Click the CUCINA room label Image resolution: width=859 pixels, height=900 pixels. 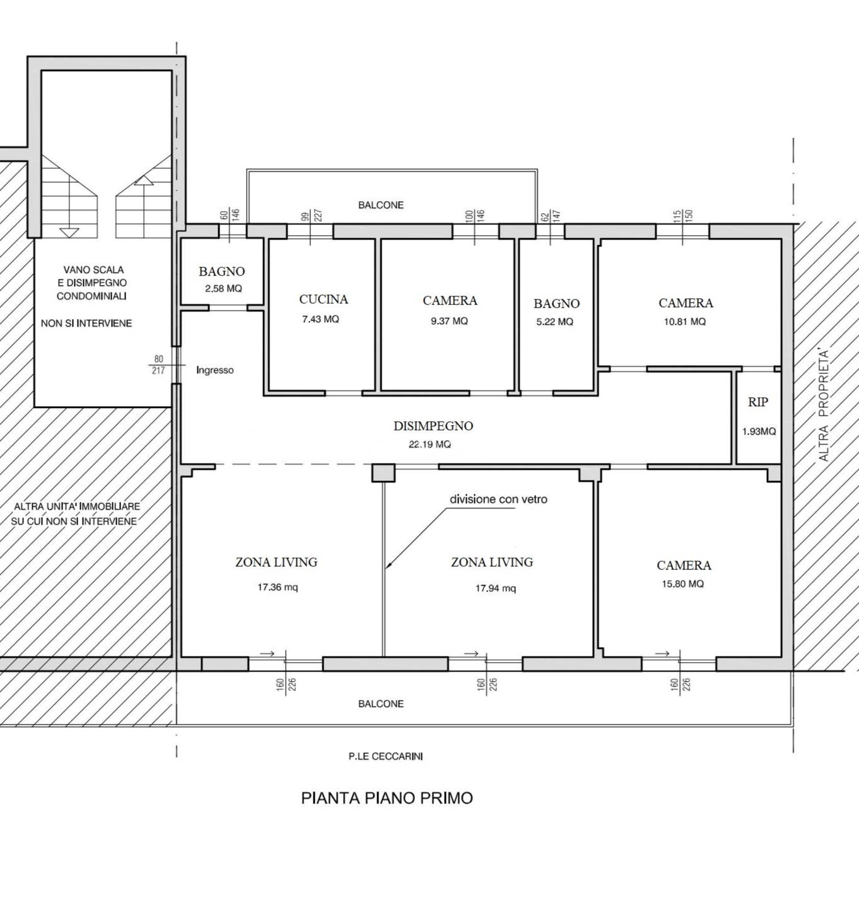point(324,300)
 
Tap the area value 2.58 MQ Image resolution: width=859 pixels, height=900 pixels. point(223,288)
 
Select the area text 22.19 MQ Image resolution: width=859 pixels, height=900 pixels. point(429,444)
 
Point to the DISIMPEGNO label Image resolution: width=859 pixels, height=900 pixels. point(433,426)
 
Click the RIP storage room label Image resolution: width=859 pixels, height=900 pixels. point(758,402)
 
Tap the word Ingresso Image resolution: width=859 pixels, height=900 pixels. point(214,370)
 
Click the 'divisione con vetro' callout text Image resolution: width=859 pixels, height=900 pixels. point(498,499)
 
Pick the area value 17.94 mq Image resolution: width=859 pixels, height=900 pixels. point(496,588)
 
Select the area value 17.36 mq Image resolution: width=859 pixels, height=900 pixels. point(278,587)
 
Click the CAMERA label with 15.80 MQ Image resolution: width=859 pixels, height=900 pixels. point(684,565)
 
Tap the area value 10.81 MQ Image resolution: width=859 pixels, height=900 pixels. point(685,322)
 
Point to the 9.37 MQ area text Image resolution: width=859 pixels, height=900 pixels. point(449,321)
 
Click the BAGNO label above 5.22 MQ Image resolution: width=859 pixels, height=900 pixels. point(557,303)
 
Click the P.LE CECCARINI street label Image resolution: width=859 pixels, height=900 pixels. point(385,756)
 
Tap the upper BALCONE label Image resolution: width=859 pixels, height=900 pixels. point(381,205)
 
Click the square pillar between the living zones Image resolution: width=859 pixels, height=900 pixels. point(383,472)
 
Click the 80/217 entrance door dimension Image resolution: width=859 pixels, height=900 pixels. point(158,365)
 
